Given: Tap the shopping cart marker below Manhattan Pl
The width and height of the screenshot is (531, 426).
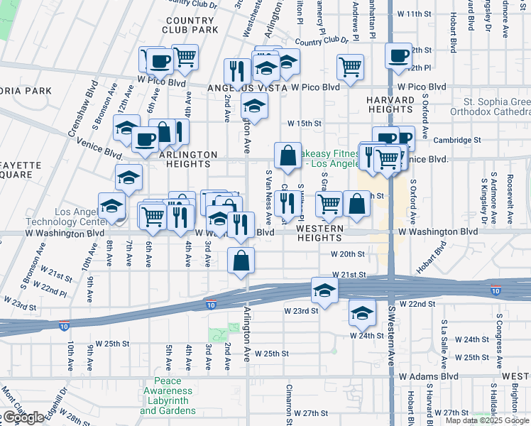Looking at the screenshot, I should (351, 67).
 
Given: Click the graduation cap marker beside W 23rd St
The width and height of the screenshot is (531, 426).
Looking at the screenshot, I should (324, 290).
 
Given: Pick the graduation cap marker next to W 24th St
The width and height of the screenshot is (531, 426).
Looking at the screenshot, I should (362, 312).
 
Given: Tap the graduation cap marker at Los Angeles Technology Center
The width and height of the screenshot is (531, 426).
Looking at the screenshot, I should (112, 206).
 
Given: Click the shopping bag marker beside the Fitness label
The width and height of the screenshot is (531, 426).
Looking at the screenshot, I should (288, 155).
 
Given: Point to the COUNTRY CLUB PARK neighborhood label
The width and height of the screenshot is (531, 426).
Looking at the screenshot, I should (191, 26).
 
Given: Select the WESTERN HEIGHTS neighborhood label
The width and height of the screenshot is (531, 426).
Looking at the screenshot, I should (319, 234).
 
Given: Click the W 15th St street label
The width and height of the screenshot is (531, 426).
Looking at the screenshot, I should (310, 123).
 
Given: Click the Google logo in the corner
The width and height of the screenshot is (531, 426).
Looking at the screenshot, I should (23, 417).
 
